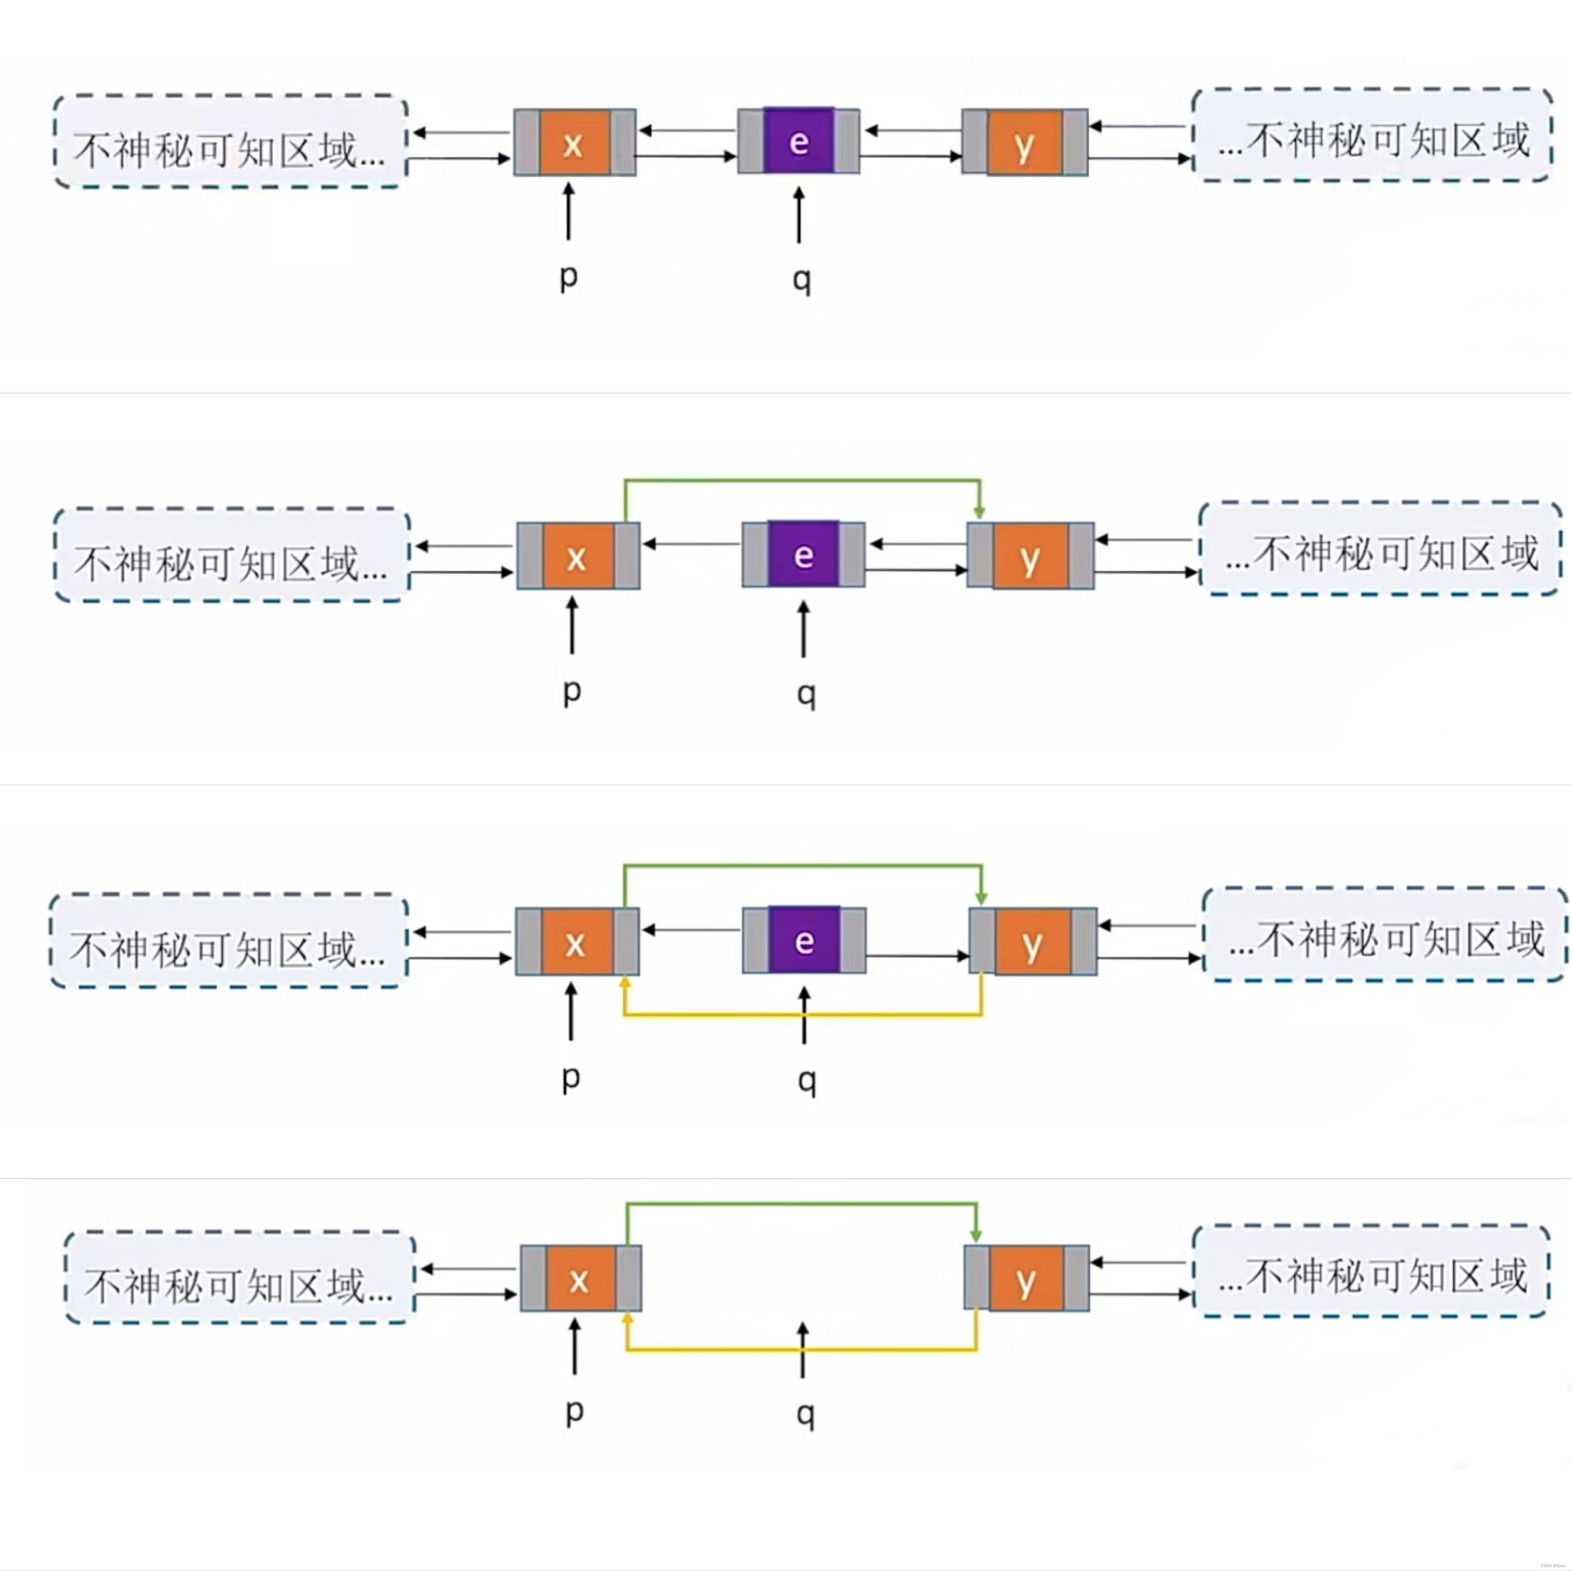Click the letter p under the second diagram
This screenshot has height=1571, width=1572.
pyautogui.click(x=572, y=692)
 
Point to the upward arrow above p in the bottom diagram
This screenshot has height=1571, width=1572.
pyautogui.click(x=575, y=1346)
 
